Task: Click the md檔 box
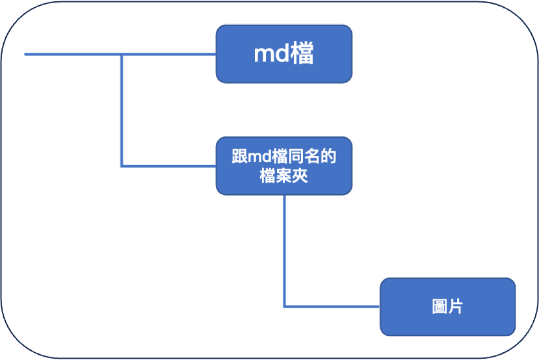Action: pyautogui.click(x=283, y=54)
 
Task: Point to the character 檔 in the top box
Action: pyautogui.click(x=302, y=55)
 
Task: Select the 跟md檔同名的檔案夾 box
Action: pyautogui.click(x=283, y=166)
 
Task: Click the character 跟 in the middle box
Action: pyautogui.click(x=239, y=157)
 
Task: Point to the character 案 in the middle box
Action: pyautogui.click(x=283, y=175)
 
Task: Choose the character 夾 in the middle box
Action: pyautogui.click(x=299, y=175)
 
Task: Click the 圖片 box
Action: pyautogui.click(x=447, y=307)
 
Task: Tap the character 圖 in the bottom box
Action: pyautogui.click(x=440, y=307)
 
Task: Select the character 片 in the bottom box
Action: pyautogui.click(x=455, y=307)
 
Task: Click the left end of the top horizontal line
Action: pyautogui.click(x=26, y=55)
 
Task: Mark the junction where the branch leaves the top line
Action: pyautogui.click(x=122, y=55)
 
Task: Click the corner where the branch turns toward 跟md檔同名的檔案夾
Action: pyautogui.click(x=122, y=166)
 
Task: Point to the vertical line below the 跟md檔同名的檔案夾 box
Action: pyautogui.click(x=284, y=247)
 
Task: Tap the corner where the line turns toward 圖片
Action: pyautogui.click(x=284, y=306)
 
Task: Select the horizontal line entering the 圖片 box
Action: pyautogui.click(x=332, y=306)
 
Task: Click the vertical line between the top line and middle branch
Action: pyautogui.click(x=122, y=110)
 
